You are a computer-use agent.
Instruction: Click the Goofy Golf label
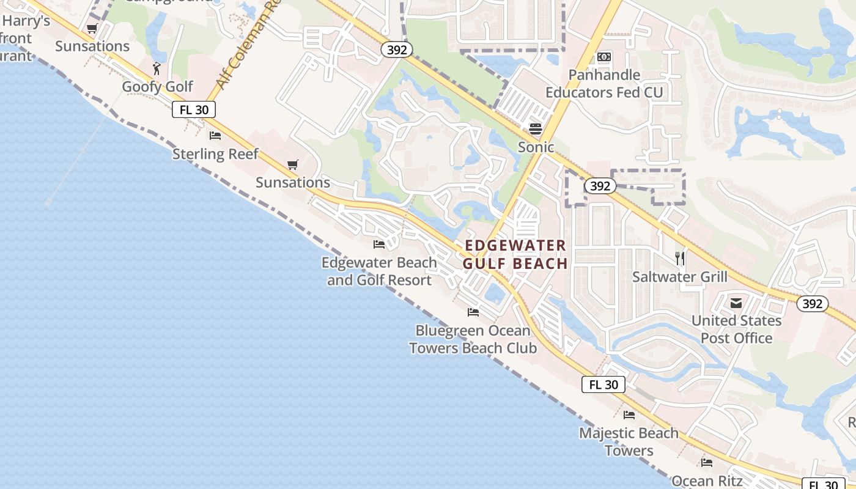tap(157, 87)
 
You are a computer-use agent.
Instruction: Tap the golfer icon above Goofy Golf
tap(157, 68)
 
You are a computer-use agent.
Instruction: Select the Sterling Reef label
tap(215, 154)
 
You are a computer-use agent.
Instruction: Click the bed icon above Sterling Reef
tap(215, 135)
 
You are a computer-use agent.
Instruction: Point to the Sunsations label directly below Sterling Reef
tap(292, 182)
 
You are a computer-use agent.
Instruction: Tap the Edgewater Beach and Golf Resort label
tap(379, 271)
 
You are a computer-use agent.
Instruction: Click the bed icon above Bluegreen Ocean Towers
tap(473, 312)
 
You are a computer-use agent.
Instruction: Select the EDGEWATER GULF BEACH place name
tap(515, 254)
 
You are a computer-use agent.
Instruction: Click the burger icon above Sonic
tap(536, 128)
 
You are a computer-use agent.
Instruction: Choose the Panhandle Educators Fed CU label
tap(604, 84)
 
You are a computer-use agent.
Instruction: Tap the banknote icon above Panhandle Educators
tap(604, 57)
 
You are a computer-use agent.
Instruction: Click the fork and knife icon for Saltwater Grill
tap(680, 258)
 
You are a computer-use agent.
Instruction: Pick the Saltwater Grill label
tap(680, 277)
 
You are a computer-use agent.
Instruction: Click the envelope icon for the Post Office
tap(736, 303)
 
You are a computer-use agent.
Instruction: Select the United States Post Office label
tap(736, 329)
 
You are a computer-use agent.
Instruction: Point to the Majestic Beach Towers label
tap(629, 441)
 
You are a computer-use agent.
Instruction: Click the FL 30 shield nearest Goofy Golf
tap(194, 110)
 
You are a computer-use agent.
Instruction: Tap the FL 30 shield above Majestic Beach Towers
tap(603, 384)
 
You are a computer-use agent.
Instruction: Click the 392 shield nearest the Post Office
tap(812, 304)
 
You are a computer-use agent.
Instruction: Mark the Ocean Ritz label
tap(707, 480)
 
